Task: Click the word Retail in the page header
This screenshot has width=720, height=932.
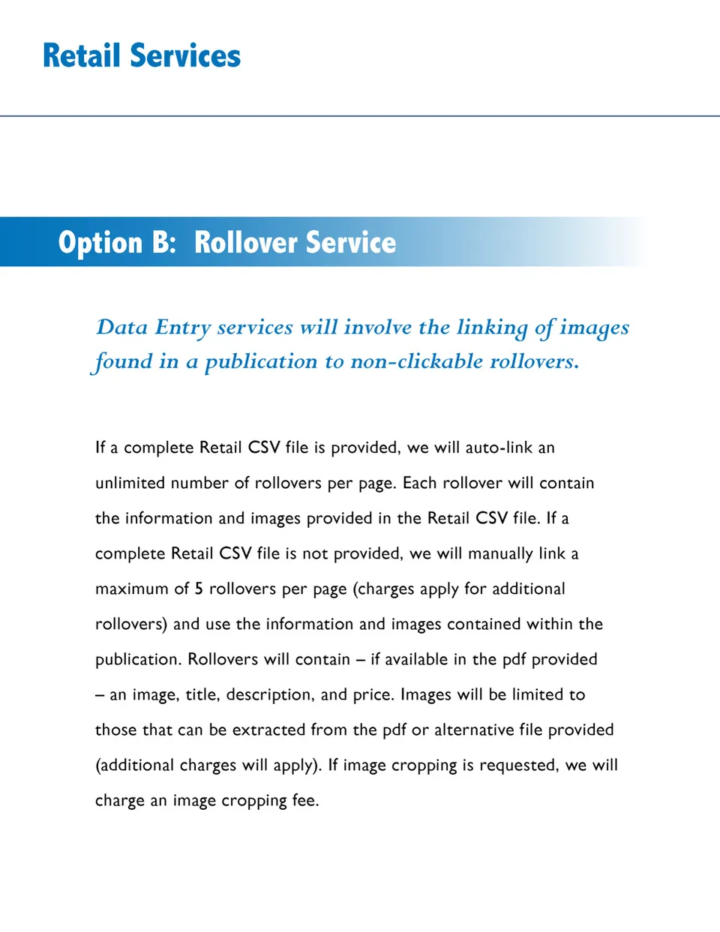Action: point(81,56)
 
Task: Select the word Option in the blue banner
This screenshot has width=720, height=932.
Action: point(100,243)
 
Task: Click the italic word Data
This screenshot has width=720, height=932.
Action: point(122,328)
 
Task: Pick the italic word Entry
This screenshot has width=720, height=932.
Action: point(182,328)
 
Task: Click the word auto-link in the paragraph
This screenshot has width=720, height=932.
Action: point(499,448)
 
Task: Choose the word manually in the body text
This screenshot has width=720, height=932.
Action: point(500,553)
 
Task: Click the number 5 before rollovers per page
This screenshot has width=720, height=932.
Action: point(199,589)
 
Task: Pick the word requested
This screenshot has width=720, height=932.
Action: point(519,766)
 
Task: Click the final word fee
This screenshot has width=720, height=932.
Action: point(305,800)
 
